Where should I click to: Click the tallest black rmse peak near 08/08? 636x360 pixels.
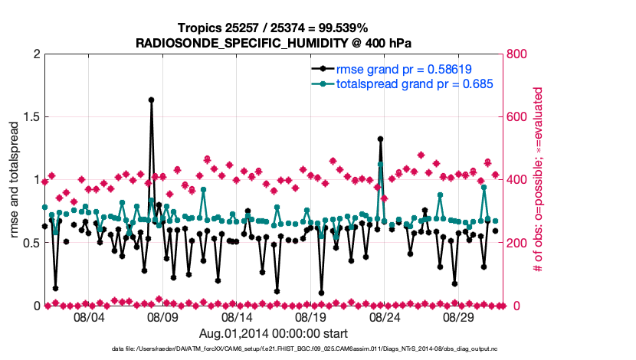[152, 100]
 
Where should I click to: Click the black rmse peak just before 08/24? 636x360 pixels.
[380, 139]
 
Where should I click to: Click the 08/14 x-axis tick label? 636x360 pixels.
[237, 316]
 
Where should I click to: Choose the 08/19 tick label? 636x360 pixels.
[311, 316]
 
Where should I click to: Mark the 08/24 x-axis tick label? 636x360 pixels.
[385, 316]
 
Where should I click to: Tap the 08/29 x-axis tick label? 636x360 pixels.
[460, 316]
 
